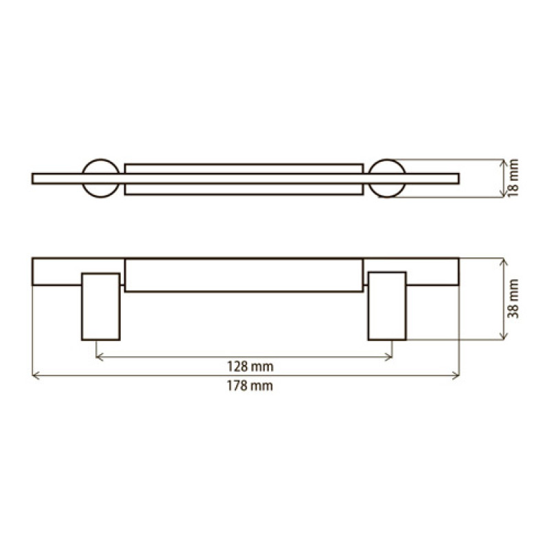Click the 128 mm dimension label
250,366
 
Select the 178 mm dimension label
250,386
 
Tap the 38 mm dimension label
513,299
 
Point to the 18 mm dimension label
513,178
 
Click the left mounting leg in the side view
101,307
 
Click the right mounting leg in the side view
387,306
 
